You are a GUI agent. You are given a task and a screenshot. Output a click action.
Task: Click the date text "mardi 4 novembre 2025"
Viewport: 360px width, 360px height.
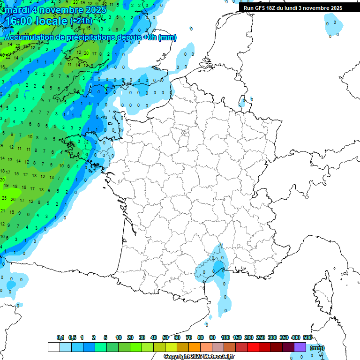(x=56, y=9)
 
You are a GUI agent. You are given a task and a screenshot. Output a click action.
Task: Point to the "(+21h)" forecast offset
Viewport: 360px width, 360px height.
(x=81, y=21)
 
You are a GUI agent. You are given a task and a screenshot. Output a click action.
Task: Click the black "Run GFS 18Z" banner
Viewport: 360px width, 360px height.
(x=293, y=8)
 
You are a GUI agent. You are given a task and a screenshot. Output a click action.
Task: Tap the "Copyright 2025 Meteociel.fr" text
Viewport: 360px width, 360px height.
(x=199, y=357)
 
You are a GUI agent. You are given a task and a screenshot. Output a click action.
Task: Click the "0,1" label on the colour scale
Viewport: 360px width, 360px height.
(x=60, y=337)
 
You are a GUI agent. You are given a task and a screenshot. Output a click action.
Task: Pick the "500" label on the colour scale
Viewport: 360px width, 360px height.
(x=307, y=337)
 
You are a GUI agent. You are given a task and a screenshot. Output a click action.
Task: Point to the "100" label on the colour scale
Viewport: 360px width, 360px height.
(x=225, y=337)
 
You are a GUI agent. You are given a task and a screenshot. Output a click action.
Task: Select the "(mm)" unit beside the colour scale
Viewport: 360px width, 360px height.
(x=317, y=348)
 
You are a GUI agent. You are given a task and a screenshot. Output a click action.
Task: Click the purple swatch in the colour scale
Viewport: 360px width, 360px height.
(x=300, y=347)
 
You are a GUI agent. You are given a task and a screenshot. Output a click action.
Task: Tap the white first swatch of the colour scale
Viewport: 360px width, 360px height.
(x=54, y=347)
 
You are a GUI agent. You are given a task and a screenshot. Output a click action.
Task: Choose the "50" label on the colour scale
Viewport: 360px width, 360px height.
(x=165, y=337)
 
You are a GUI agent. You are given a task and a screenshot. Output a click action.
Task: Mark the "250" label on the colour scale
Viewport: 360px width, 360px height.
(x=261, y=337)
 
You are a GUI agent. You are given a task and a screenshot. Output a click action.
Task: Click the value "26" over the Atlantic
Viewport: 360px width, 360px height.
(x=13, y=200)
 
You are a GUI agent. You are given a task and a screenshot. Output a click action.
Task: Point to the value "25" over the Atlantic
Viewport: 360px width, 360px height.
(x=4, y=198)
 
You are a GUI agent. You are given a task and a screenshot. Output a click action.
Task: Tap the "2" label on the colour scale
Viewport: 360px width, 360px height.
(x=94, y=337)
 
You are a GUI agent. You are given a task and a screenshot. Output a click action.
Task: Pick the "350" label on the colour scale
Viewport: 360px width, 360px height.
(x=284, y=337)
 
